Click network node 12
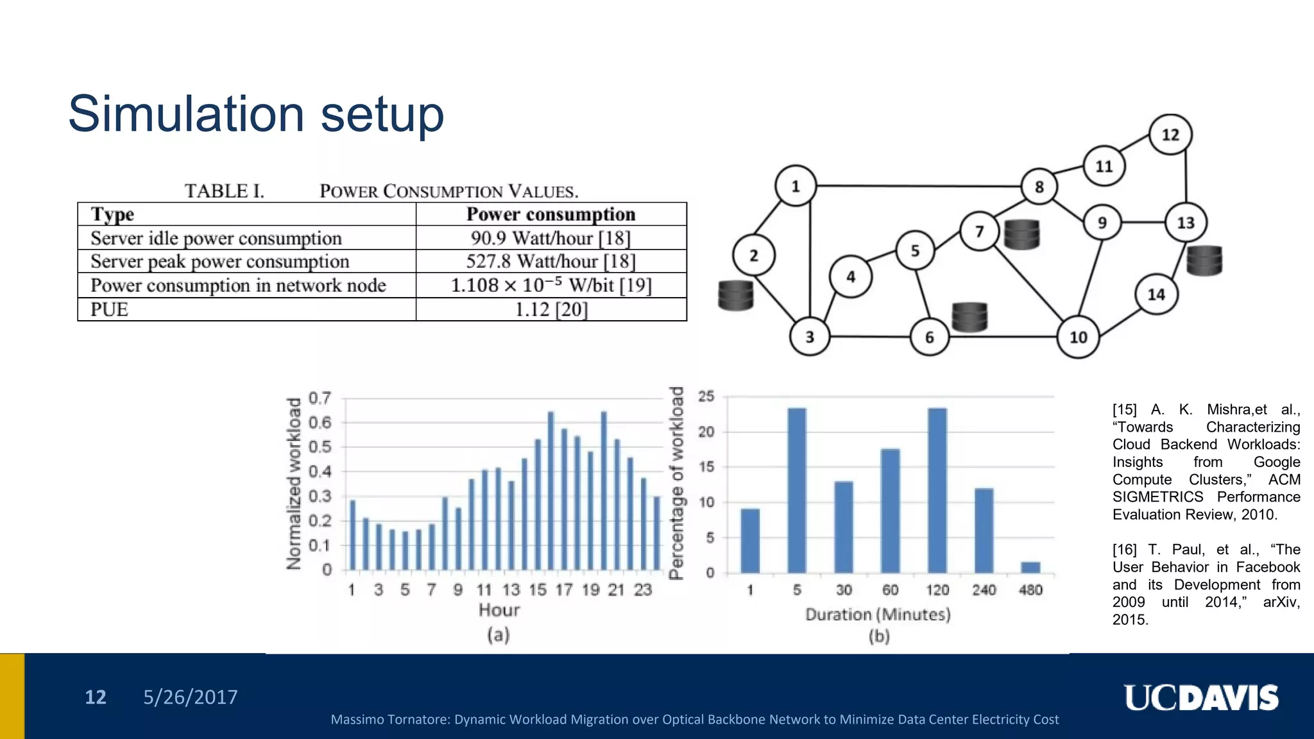point(1170,135)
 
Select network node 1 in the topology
point(796,186)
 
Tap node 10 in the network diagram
point(1078,337)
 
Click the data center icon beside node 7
point(1021,235)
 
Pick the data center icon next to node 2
point(735,296)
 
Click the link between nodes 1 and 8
point(917,186)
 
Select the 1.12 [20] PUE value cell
point(551,310)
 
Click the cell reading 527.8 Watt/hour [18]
point(551,262)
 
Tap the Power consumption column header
point(551,214)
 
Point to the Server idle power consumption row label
point(216,239)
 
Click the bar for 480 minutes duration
point(1030,567)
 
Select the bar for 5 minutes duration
point(797,491)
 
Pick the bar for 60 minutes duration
point(891,511)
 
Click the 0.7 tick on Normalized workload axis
point(320,398)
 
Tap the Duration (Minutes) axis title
point(878,615)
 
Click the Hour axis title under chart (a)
point(499,610)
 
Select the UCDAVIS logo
point(1201,698)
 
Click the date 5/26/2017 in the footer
point(191,697)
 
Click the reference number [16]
point(1124,550)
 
